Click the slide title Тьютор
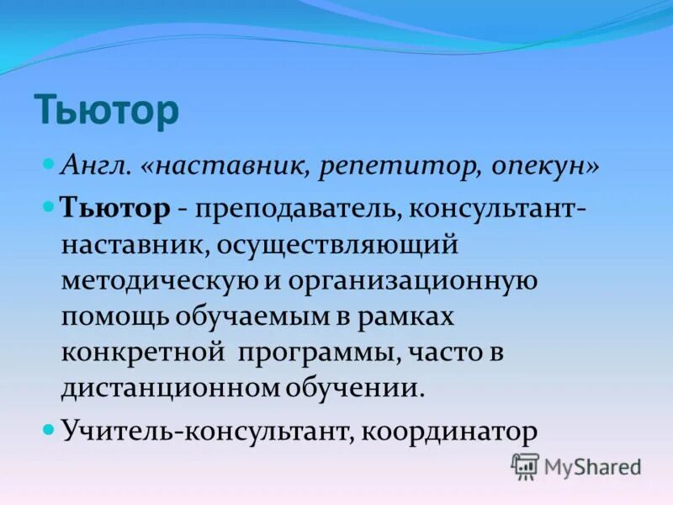(106, 110)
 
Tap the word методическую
(156, 280)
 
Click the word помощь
(114, 316)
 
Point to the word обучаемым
(257, 316)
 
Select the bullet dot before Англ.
(49, 161)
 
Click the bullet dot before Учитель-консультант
(49, 428)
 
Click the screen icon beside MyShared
(526, 465)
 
